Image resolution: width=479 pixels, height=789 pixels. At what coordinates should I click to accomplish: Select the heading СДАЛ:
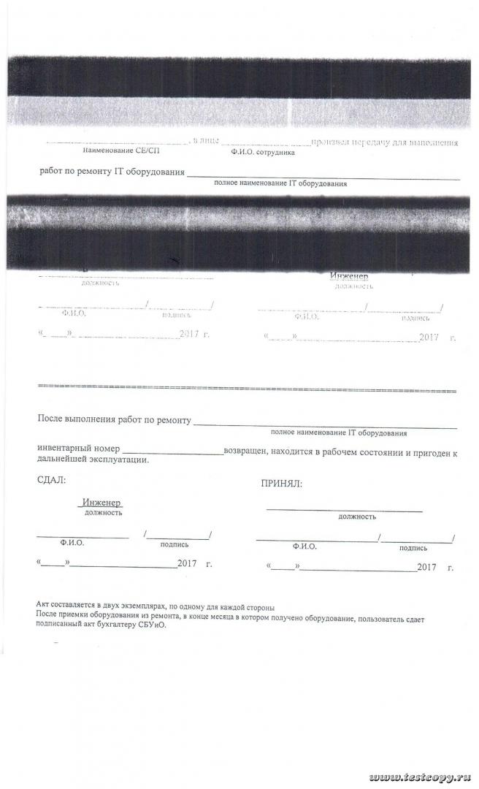[x=51, y=480]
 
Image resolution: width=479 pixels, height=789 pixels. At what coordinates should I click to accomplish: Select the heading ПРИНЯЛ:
[x=281, y=484]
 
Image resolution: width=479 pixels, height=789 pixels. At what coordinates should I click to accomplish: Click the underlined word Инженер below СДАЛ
[x=102, y=503]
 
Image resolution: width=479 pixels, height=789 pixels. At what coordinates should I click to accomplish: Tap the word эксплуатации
[x=121, y=461]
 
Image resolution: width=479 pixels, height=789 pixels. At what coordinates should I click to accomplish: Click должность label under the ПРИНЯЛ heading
[x=357, y=517]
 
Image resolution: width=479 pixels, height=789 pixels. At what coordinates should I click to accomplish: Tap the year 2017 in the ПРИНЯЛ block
[x=426, y=568]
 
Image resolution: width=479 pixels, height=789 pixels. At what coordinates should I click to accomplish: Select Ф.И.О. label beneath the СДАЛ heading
[x=72, y=544]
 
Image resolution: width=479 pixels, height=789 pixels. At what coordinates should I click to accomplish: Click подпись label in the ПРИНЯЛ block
[x=414, y=546]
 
